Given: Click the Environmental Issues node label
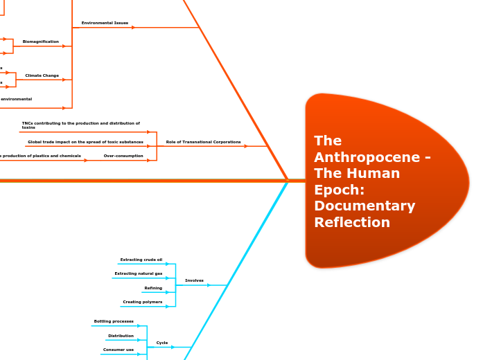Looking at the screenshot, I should (x=105, y=23).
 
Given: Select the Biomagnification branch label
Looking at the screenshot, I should (x=41, y=42).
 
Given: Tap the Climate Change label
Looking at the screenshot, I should (x=42, y=75).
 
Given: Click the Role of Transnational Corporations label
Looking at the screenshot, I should (x=203, y=142).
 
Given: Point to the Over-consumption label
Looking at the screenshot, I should (x=123, y=156).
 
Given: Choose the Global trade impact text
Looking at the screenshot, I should (x=85, y=142).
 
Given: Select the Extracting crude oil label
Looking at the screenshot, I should (x=141, y=260).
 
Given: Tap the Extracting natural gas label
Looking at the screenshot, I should (x=138, y=273).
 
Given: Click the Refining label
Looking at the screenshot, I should (x=153, y=288).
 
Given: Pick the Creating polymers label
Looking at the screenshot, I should (x=142, y=302).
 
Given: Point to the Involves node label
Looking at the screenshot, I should (x=194, y=280).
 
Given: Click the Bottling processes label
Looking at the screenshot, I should (x=114, y=321).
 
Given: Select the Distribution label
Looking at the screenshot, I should (x=121, y=336).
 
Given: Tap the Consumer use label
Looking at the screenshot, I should (x=118, y=350).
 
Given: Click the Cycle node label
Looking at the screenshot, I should (x=162, y=343).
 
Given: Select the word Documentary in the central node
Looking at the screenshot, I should (x=364, y=206).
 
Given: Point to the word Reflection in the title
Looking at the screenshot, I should (x=351, y=222).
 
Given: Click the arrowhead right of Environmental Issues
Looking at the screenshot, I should (x=133, y=28).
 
